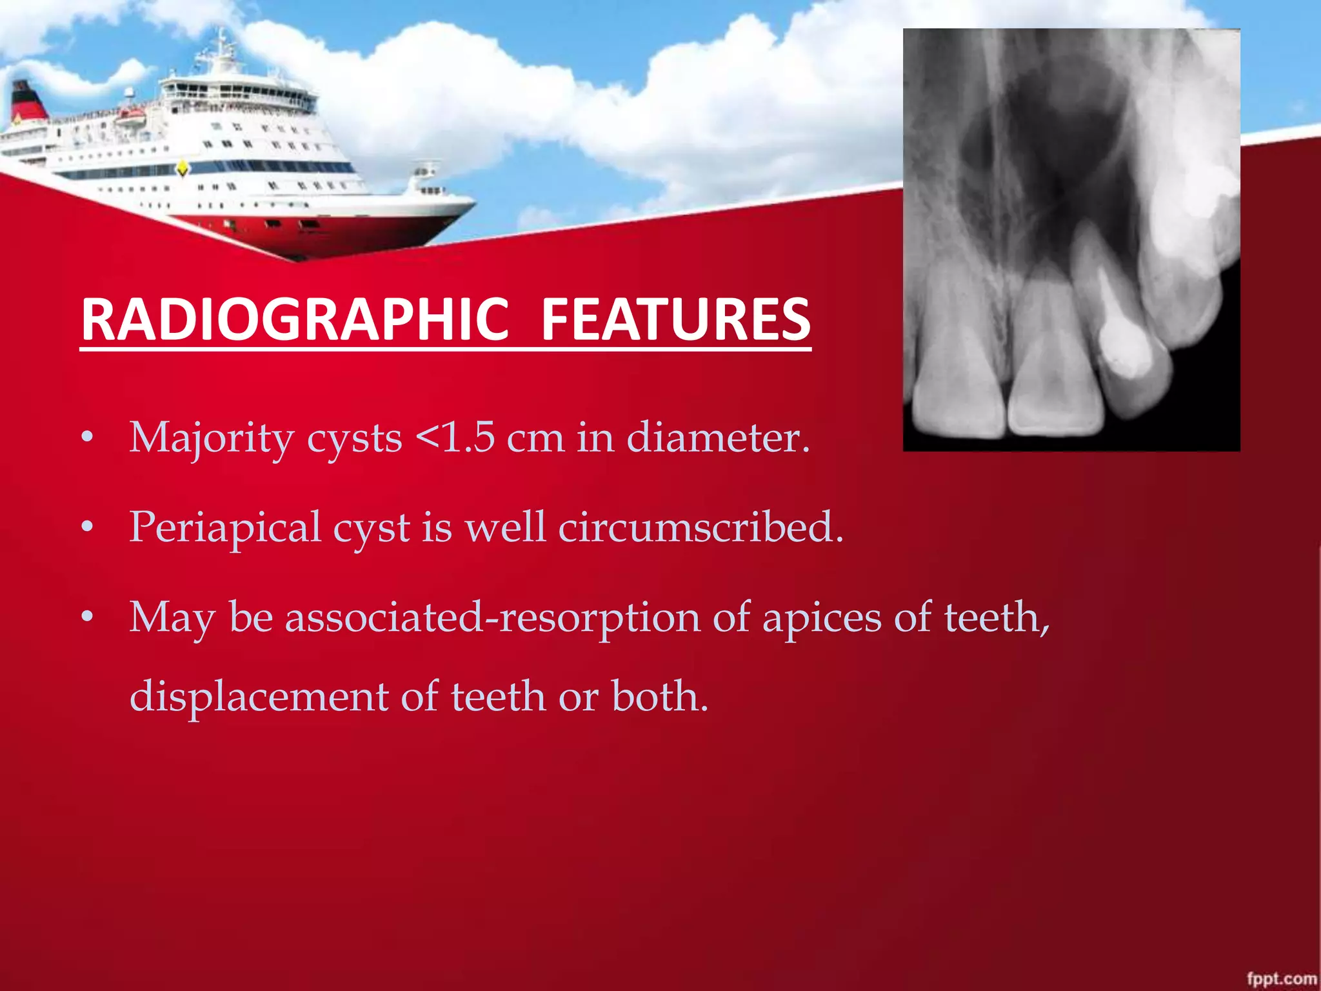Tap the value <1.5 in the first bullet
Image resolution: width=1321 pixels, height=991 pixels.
tap(455, 438)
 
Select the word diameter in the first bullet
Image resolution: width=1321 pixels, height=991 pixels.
tap(717, 438)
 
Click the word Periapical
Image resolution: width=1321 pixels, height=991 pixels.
tap(225, 528)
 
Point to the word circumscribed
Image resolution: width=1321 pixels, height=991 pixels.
tap(700, 528)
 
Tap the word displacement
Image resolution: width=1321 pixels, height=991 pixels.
tap(259, 697)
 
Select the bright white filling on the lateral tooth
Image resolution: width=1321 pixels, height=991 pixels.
tap(1126, 352)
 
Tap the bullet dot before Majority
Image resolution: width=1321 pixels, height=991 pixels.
tap(87, 439)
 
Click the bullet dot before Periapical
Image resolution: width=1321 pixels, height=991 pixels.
tap(87, 529)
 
